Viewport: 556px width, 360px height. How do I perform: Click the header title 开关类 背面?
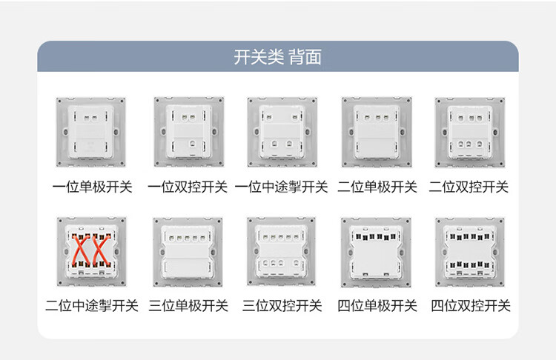tap(277, 57)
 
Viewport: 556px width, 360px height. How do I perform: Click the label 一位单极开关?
tap(92, 187)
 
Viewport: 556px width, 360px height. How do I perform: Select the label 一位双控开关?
tap(187, 187)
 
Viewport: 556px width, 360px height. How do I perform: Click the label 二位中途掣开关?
tap(92, 305)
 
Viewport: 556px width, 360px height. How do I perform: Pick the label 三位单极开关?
tap(187, 305)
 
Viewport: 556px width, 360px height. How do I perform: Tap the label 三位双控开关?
tap(281, 305)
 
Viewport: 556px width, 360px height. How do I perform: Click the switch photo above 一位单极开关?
tap(91, 132)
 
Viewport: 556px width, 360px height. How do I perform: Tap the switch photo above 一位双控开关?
tap(186, 132)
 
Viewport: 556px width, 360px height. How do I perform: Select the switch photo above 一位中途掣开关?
tap(281, 132)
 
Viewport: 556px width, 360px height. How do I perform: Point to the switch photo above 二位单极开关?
tap(375, 132)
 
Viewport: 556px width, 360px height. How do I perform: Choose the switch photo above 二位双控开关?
tap(469, 132)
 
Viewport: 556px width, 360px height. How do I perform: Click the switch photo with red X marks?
tap(91, 252)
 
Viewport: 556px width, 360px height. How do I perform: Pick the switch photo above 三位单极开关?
tap(186, 252)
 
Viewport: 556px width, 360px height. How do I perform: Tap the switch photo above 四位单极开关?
tap(375, 252)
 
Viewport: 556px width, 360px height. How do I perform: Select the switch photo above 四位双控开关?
tap(469, 252)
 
